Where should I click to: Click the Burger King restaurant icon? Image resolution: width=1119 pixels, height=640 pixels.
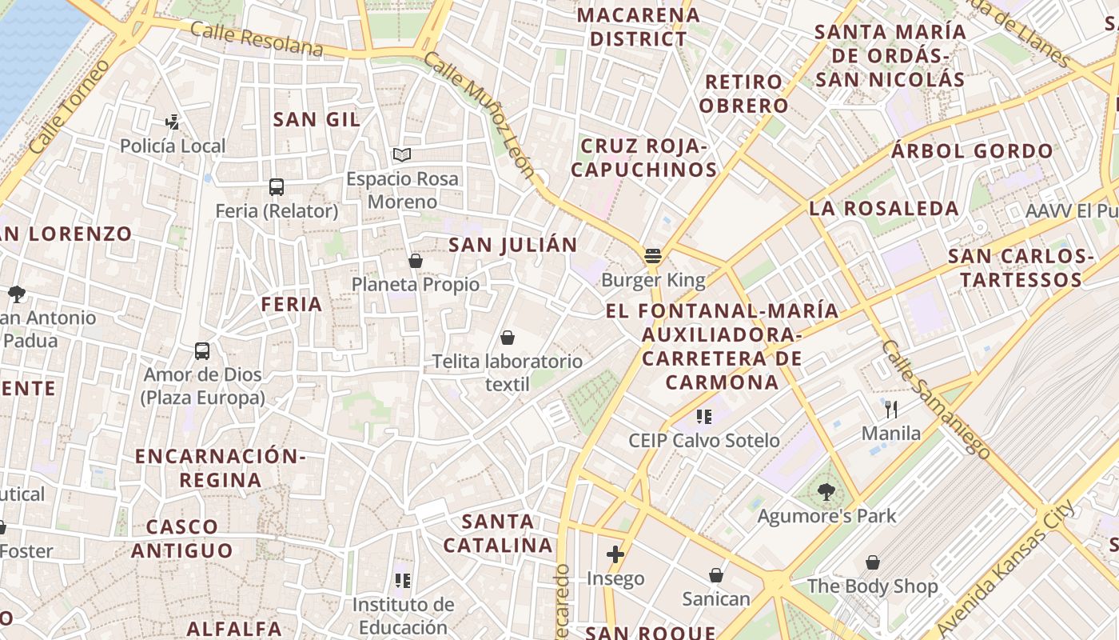pos(653,257)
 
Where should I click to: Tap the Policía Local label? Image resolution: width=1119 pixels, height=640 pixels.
pos(173,146)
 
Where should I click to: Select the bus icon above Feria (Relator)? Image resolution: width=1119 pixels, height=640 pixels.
pos(277,187)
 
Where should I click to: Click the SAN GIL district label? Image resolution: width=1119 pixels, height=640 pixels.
pos(317,120)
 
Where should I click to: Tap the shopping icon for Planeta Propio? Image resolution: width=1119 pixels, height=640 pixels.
pos(416,261)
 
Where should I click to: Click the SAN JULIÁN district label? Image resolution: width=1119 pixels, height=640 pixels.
pos(512,246)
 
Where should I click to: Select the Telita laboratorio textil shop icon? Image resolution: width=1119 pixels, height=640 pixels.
pos(508,338)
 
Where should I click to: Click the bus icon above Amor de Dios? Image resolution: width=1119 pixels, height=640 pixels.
pos(202,351)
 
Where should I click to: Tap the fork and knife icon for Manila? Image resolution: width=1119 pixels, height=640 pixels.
pos(891,410)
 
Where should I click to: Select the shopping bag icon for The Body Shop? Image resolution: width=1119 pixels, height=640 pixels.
pos(873,562)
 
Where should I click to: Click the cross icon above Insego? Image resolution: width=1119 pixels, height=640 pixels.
pos(615,554)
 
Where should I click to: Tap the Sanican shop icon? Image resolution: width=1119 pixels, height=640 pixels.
pos(716,575)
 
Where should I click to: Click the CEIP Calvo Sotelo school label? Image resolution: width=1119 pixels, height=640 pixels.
pos(703,441)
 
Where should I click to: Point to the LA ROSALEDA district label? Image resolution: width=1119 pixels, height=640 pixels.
pos(884,209)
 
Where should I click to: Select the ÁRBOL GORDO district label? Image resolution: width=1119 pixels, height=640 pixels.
pos(973,151)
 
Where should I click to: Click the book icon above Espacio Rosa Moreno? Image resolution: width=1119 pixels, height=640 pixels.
pos(401,154)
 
